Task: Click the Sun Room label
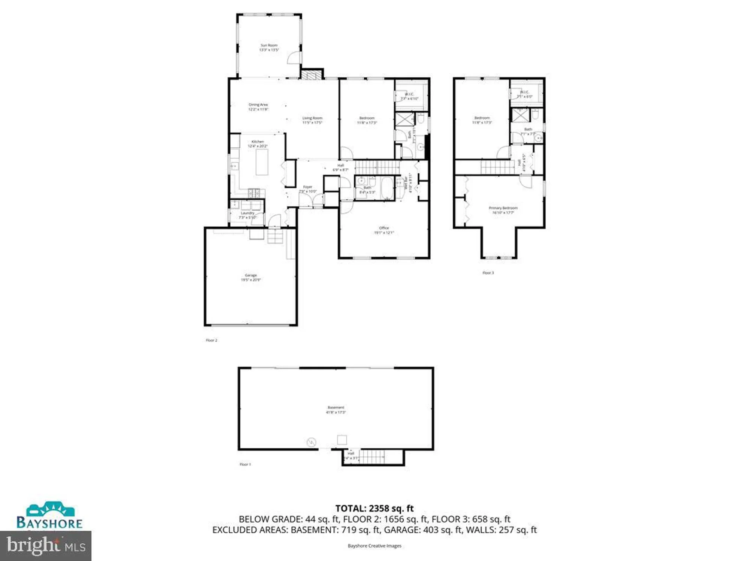[x=269, y=47]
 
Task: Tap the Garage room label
[x=251, y=277]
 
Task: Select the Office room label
[x=384, y=230]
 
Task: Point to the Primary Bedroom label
[x=503, y=210]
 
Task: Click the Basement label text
[x=336, y=410]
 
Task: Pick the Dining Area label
[x=258, y=107]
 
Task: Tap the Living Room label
[x=312, y=120]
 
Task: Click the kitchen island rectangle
[x=262, y=162]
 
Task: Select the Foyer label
[x=307, y=189]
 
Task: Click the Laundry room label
[x=247, y=215]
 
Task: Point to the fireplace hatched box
[x=312, y=74]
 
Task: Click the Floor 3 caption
[x=488, y=273]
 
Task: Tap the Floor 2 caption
[x=211, y=340]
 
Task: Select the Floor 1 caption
[x=245, y=464]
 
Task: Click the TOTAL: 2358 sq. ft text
[x=374, y=508]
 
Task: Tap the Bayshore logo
[x=49, y=515]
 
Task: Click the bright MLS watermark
[x=46, y=546]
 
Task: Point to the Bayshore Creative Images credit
[x=374, y=546]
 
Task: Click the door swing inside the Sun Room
[x=294, y=58]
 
